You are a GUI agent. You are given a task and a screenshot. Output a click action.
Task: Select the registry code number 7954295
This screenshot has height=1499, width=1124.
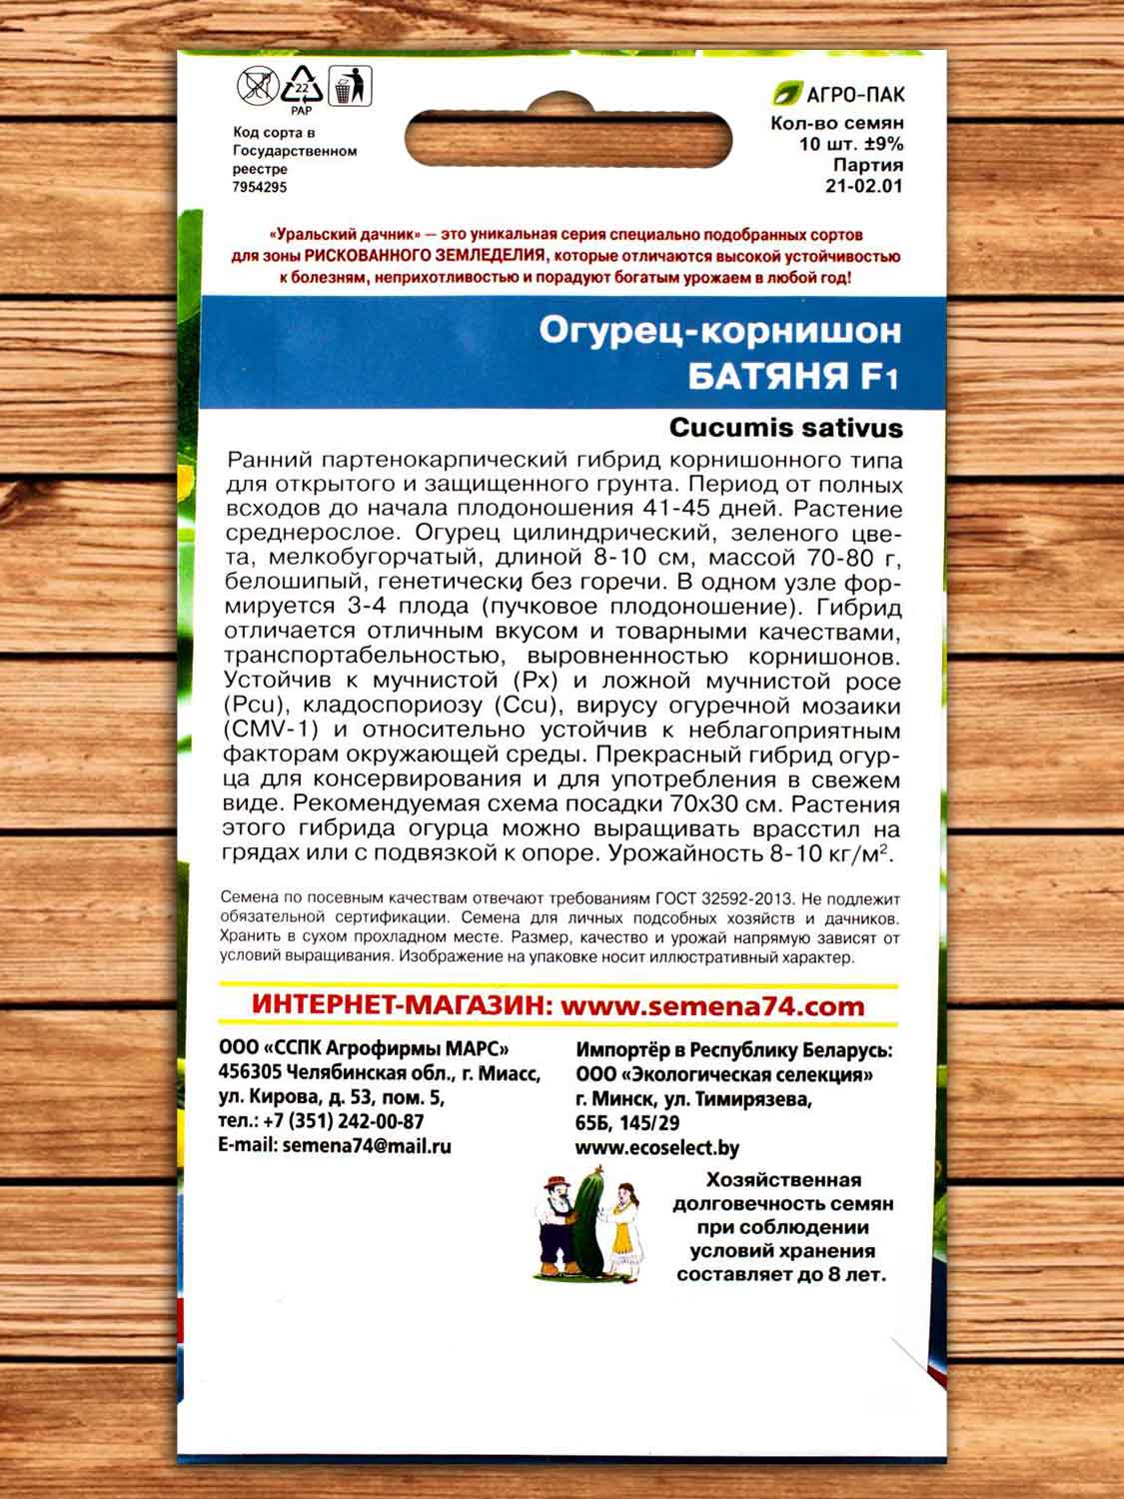(x=260, y=187)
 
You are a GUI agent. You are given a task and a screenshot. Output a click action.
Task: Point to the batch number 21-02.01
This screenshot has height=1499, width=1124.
(x=864, y=186)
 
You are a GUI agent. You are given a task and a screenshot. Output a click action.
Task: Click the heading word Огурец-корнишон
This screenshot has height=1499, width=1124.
(x=719, y=330)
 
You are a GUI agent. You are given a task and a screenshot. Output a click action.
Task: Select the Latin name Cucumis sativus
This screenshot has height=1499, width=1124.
(x=785, y=428)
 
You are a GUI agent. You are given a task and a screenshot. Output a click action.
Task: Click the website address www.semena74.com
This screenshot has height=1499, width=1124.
(x=711, y=1006)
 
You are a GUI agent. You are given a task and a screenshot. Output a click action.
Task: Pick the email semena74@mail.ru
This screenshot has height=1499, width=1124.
(x=367, y=1146)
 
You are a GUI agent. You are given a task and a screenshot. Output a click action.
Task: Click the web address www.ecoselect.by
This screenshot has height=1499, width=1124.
(x=657, y=1148)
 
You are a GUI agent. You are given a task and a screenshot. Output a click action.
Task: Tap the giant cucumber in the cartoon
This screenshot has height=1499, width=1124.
(x=584, y=1224)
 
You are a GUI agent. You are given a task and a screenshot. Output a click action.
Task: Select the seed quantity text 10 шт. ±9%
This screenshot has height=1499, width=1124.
(x=851, y=144)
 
